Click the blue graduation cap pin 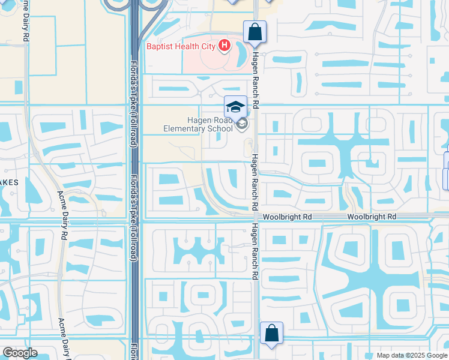pos(236,107)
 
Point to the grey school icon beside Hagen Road pos(242,124)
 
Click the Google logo pos(20,353)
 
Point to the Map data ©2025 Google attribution pos(411,355)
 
